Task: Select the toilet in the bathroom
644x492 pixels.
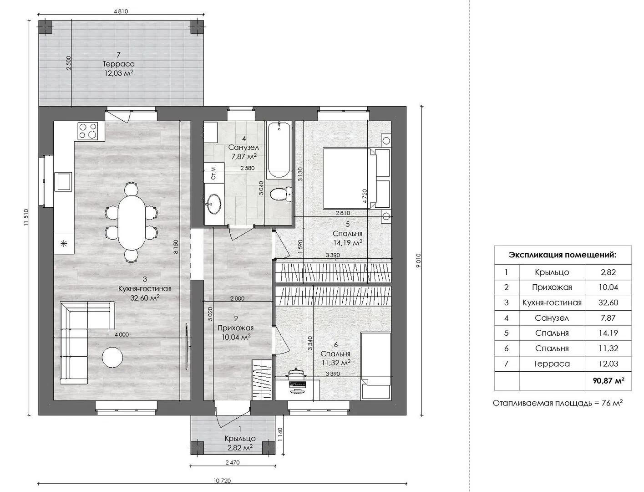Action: pos(281,194)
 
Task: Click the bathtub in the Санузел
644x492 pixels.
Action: pos(279,150)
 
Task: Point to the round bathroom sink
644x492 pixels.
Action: pos(213,203)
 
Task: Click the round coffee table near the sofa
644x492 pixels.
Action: pos(112,357)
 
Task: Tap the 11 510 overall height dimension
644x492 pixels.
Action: pos(26,217)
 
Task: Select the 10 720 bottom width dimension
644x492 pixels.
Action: pos(222,481)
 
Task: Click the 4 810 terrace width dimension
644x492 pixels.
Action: pos(121,11)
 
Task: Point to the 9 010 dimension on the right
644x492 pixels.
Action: pos(418,261)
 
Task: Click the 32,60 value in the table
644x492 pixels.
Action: pos(608,302)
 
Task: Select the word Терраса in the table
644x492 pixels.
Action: pos(552,364)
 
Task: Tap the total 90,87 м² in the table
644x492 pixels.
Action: pos(609,380)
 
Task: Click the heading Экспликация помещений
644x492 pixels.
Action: pos(563,255)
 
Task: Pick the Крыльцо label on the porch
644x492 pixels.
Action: pos(240,439)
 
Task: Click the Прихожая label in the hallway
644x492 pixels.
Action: pos(236,328)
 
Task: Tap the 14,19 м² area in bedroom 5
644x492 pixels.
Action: pos(348,242)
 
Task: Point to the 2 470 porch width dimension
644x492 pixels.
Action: pos(233,463)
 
